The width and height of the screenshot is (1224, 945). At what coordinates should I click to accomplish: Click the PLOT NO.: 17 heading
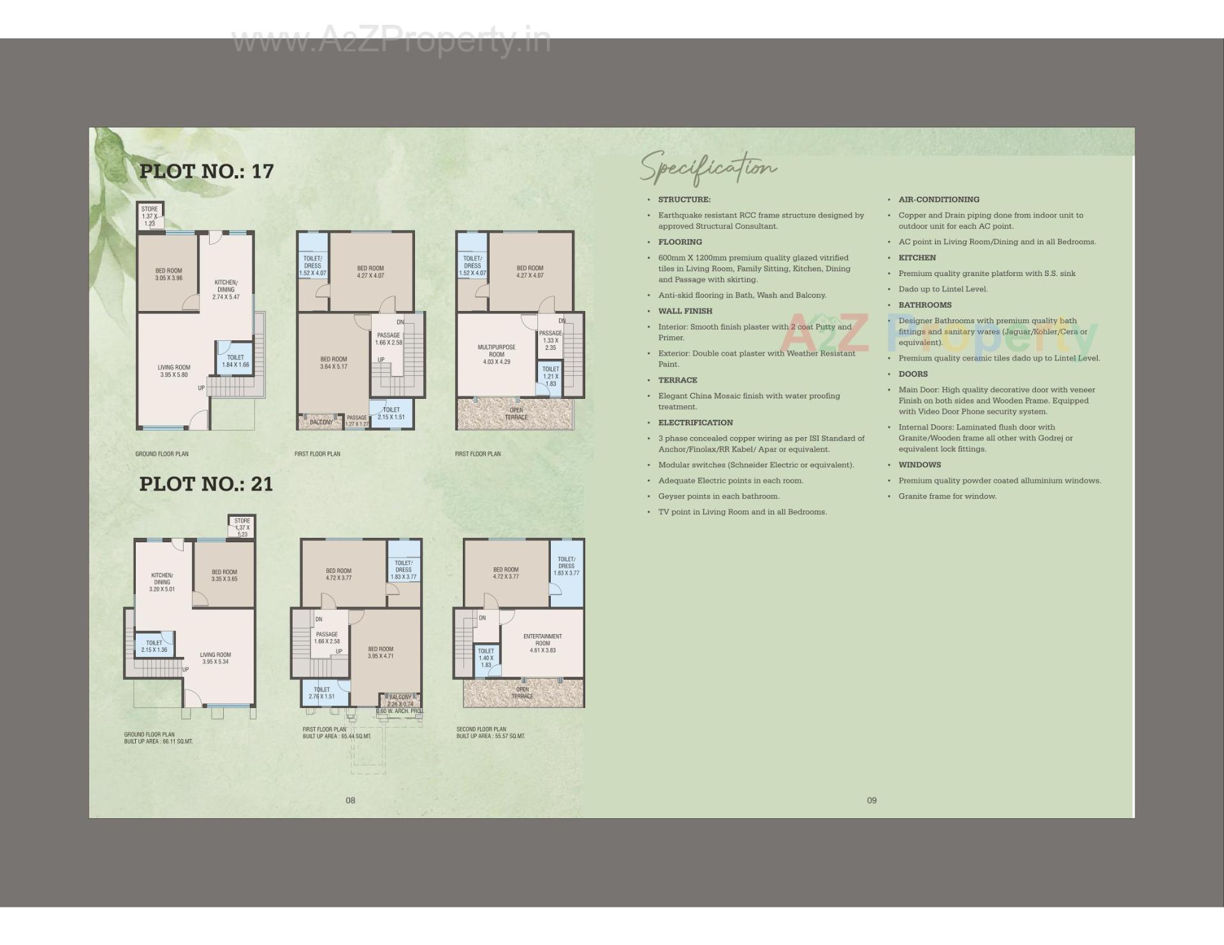tap(206, 171)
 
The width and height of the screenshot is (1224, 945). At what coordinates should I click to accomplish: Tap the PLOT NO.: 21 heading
tap(206, 484)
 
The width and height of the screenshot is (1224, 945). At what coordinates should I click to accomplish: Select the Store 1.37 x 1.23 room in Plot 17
tap(150, 216)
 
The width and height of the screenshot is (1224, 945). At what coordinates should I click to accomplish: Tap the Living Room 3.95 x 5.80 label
tap(174, 371)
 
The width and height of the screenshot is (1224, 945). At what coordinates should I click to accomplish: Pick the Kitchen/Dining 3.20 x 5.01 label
tap(162, 582)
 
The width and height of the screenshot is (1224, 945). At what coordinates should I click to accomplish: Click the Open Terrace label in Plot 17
tap(516, 414)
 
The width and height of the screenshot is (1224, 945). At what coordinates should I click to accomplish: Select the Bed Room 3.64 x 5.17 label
tap(333, 363)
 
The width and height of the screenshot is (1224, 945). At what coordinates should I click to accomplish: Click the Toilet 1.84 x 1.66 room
tap(235, 361)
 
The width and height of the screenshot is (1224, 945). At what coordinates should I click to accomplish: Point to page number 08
tap(350, 800)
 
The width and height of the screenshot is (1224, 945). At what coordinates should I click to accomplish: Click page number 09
tap(871, 800)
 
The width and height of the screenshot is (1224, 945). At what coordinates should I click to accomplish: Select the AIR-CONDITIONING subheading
tap(938, 199)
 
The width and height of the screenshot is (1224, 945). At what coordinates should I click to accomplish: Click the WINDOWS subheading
tap(919, 465)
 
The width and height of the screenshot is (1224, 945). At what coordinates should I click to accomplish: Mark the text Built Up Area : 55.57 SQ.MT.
tap(490, 736)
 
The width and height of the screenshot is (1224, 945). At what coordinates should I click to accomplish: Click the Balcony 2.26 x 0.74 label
tap(400, 700)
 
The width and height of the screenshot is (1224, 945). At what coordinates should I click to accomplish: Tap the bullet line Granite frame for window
tap(947, 496)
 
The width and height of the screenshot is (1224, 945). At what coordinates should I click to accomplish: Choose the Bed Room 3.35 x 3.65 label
tap(224, 575)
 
